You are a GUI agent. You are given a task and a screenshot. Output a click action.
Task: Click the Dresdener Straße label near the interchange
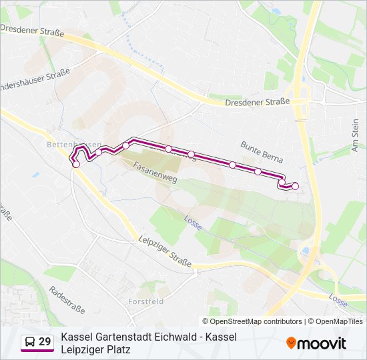click(257, 101)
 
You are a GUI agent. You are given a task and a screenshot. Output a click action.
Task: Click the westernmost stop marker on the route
click(76, 164)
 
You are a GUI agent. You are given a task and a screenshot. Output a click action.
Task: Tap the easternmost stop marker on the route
click(295, 186)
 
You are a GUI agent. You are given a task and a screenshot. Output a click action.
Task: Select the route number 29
click(45, 342)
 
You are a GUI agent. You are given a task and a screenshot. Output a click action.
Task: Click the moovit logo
click(316, 343)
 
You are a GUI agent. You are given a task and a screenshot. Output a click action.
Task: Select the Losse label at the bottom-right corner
click(338, 301)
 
